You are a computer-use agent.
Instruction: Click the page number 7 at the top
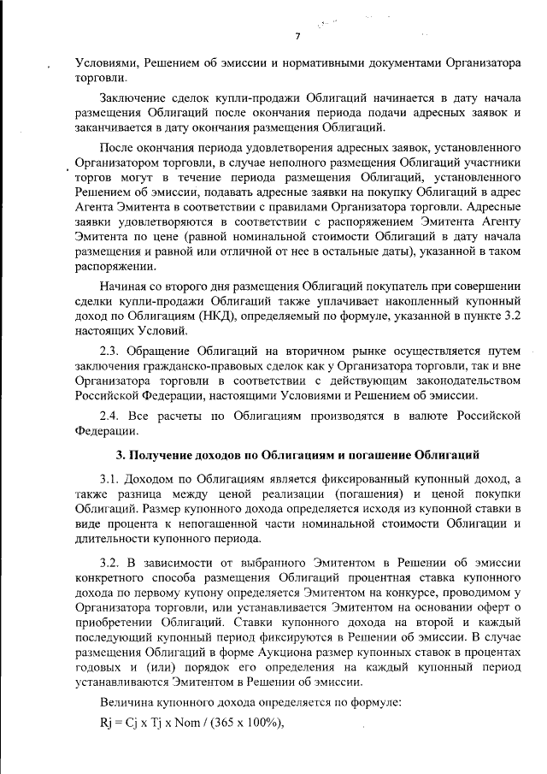point(297,36)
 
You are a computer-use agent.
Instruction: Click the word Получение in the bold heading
point(166,452)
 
